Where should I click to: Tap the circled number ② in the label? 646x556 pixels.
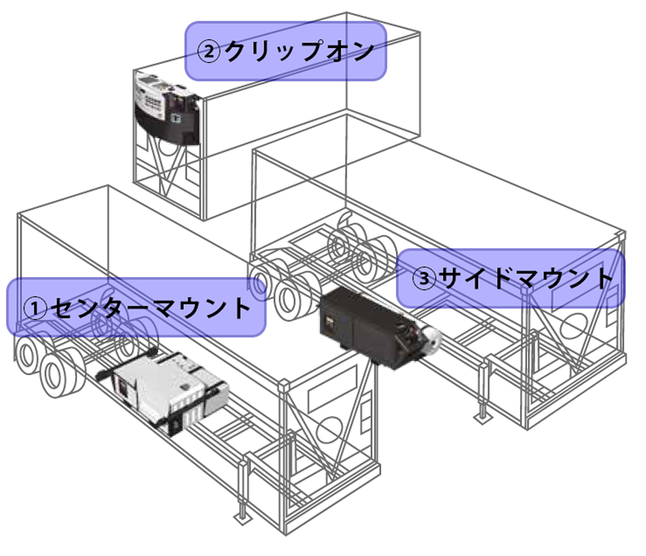(x=209, y=52)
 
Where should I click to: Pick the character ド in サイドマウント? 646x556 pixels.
(x=506, y=279)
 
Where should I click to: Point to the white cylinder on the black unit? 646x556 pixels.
(x=430, y=335)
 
